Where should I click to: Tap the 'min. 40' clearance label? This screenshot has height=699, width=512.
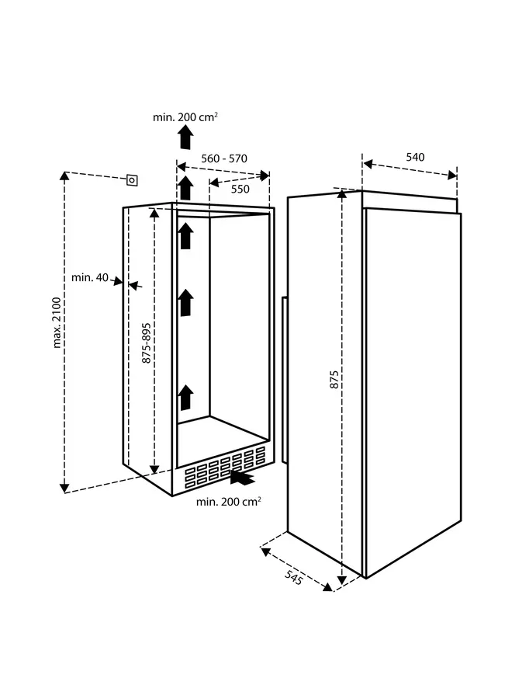click(x=89, y=277)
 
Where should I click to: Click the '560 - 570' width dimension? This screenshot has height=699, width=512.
click(x=223, y=158)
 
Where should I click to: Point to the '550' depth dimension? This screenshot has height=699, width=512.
click(x=240, y=188)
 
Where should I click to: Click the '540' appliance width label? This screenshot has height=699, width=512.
click(x=415, y=157)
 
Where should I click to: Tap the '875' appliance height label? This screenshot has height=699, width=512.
click(x=334, y=379)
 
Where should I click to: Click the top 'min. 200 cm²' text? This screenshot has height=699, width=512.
click(x=185, y=117)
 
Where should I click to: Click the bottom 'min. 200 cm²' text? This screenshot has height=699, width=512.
click(x=228, y=502)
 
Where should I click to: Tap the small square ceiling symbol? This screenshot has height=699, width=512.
click(x=133, y=179)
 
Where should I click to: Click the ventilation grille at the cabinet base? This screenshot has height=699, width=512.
click(x=221, y=469)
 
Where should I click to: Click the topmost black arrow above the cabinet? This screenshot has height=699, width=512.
click(x=185, y=137)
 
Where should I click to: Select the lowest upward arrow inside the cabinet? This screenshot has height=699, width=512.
click(x=185, y=397)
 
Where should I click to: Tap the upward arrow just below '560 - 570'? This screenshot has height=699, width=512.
click(x=185, y=187)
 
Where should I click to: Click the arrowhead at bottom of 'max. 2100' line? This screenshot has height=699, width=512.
click(x=64, y=487)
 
